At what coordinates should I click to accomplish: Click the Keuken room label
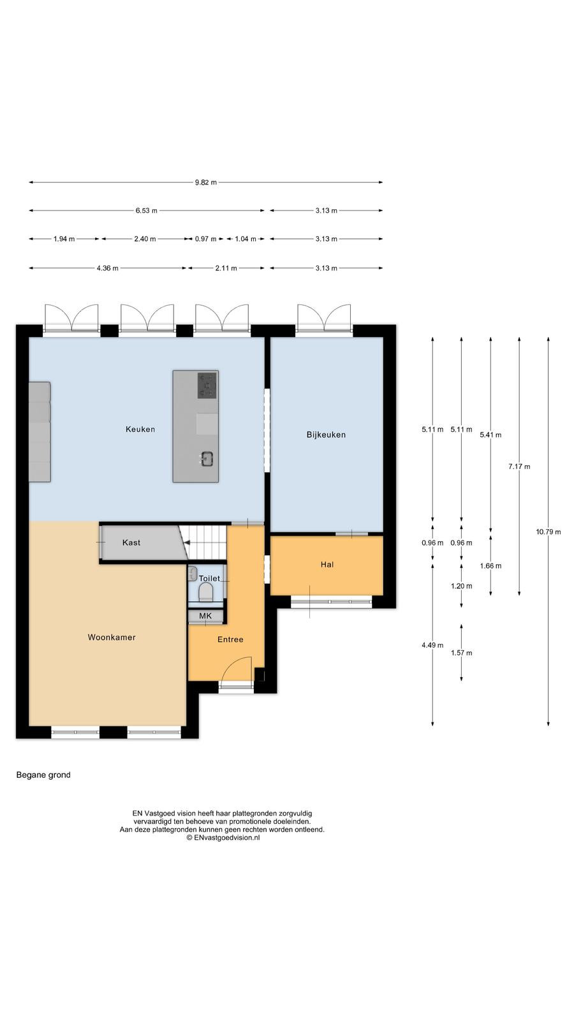140,429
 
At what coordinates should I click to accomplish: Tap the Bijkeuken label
326,435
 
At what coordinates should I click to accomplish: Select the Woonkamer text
112,637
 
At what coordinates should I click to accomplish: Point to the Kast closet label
131,542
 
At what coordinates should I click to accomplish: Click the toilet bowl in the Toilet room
206,592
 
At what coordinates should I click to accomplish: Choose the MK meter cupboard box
205,616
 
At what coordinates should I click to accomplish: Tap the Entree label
230,639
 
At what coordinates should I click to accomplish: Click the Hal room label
327,565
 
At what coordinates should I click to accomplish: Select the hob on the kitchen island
207,385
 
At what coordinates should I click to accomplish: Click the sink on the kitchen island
207,459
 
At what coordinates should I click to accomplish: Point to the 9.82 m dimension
206,183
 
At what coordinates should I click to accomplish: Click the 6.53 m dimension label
146,211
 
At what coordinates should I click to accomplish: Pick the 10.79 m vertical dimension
548,532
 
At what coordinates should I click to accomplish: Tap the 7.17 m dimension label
519,466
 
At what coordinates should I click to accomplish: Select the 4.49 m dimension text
432,645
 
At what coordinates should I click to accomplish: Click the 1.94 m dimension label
64,239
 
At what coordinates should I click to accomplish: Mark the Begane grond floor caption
43,775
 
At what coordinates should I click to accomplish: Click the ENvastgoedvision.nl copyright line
223,837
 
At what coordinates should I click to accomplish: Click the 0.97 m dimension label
206,239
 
